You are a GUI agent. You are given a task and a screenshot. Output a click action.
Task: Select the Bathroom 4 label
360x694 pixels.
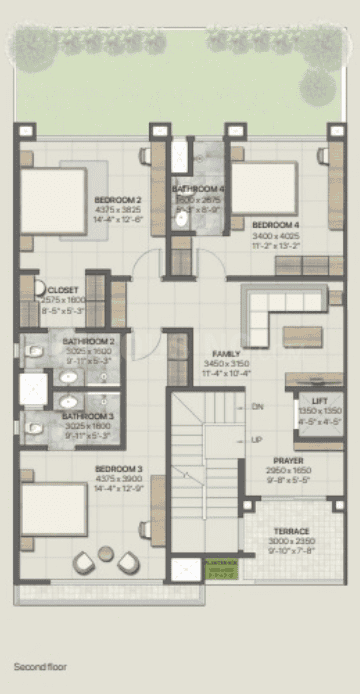click(197, 189)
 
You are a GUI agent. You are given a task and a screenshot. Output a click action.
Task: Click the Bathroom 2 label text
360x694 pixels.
click(88, 342)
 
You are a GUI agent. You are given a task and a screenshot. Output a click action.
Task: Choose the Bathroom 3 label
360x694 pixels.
click(88, 416)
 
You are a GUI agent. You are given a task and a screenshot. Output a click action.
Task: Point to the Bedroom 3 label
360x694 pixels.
click(118, 468)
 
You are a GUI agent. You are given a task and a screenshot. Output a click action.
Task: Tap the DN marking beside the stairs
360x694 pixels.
click(257, 407)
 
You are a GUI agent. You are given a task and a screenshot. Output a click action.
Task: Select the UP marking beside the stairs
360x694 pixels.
click(257, 440)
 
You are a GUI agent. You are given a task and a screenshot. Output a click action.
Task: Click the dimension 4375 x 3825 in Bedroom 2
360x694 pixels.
click(118, 209)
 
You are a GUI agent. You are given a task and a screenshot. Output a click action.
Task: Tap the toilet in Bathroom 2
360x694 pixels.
click(33, 352)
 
